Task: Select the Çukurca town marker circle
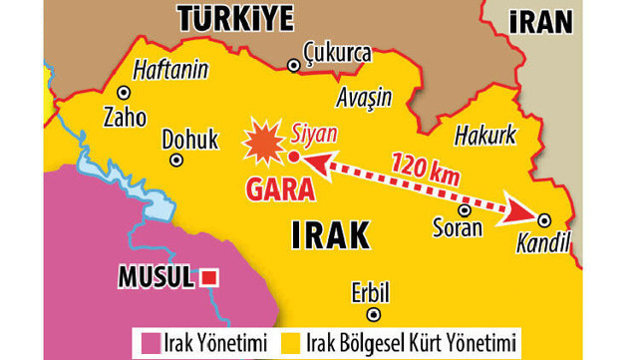click(x=293, y=66)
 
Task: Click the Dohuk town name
click(x=189, y=139)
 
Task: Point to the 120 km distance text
click(x=425, y=168)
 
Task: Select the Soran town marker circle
click(x=464, y=209)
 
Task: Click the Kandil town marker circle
click(x=544, y=219)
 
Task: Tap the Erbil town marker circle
click(x=373, y=314)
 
